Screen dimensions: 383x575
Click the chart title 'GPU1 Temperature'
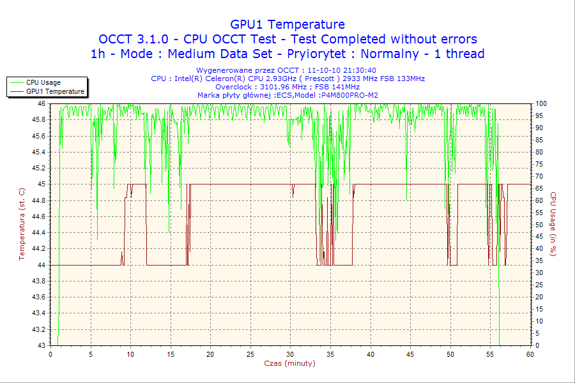pos(287,24)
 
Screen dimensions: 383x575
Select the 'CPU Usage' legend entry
pos(43,82)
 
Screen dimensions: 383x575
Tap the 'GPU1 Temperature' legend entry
pos(55,91)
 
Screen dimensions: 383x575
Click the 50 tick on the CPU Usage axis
pos(540,225)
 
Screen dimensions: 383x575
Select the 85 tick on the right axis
pos(540,140)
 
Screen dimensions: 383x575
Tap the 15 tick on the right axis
pos(540,309)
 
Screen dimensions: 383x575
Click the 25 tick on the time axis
pos(250,354)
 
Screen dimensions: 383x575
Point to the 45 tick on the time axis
pos(410,354)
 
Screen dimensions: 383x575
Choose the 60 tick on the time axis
pos(530,354)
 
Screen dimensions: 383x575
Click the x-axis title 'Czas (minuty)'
pos(289,363)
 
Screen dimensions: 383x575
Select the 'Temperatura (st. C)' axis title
pos(22,224)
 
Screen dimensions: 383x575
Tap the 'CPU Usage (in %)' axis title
pos(554,224)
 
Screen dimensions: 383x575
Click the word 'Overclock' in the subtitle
pos(233,87)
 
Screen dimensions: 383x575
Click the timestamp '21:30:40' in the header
pos(360,70)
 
